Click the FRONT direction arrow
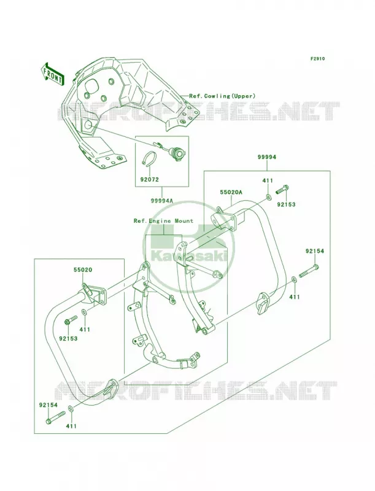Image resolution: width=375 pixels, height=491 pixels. (x=53, y=74)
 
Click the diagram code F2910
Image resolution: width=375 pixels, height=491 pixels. (x=317, y=58)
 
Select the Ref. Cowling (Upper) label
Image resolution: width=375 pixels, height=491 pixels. (x=222, y=96)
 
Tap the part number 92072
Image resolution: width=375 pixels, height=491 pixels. (x=149, y=180)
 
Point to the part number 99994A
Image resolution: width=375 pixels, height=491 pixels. (x=163, y=201)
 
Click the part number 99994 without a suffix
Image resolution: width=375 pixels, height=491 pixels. (x=267, y=157)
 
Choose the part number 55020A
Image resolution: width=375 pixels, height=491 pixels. (x=231, y=193)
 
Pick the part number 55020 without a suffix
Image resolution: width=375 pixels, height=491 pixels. (x=83, y=269)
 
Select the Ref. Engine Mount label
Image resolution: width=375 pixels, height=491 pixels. (x=163, y=221)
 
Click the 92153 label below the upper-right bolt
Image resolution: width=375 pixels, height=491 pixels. (x=286, y=205)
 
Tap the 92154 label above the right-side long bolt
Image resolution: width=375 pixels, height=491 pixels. (x=315, y=251)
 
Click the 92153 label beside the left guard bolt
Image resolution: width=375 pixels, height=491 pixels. (x=68, y=339)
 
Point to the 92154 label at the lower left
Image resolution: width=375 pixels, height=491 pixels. (x=48, y=405)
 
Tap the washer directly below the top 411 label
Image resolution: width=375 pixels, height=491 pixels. (x=268, y=196)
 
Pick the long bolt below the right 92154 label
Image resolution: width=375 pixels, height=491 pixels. (x=309, y=271)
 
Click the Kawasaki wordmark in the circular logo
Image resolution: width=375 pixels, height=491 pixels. (x=189, y=256)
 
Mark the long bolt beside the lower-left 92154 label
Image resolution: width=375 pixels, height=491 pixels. (x=55, y=418)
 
